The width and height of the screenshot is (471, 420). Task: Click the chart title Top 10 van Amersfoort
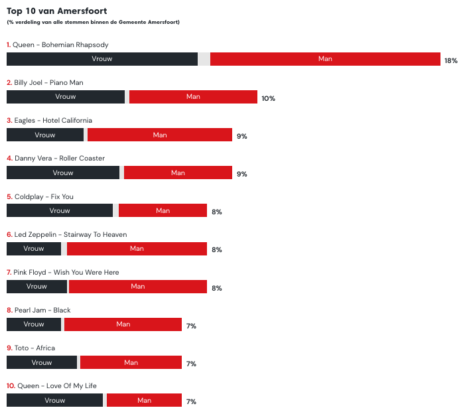57,11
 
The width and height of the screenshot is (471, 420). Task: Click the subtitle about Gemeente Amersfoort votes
93,22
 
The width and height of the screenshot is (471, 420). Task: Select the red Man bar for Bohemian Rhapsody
325,59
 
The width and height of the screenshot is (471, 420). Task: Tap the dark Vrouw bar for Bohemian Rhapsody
102,59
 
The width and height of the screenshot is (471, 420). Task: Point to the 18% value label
451,60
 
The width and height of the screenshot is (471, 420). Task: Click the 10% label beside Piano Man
268,98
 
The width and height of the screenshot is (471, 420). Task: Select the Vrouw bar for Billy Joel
66,97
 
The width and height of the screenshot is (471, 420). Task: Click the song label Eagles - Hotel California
49,121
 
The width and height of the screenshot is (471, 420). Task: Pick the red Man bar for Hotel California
160,135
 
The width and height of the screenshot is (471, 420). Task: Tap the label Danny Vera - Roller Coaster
56,159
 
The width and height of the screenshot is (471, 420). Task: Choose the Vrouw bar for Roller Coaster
63,173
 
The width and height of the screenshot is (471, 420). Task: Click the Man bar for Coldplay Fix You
163,210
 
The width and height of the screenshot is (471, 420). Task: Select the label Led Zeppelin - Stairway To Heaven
66,234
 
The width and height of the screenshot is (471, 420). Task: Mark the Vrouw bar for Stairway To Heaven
34,249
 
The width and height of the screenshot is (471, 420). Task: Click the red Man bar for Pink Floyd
138,287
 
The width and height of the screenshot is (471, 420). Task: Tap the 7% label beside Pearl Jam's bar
191,326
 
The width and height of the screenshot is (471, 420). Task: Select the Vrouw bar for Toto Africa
42,362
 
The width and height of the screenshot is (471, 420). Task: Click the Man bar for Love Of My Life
144,400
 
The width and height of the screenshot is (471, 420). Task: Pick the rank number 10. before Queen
11,385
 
